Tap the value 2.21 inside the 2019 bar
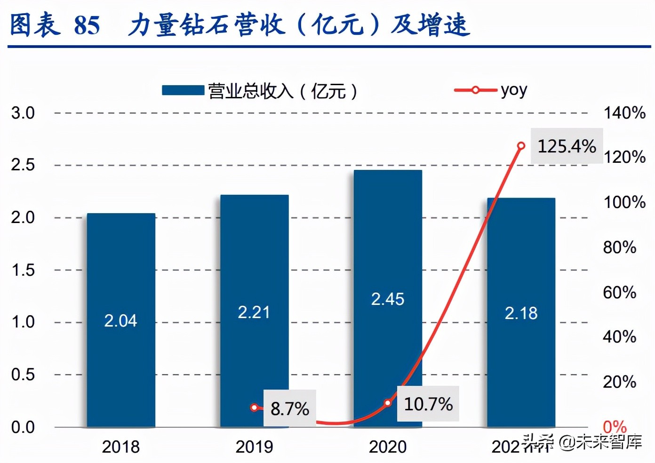[x=254, y=312]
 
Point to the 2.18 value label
[x=521, y=313]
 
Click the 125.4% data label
[x=567, y=146]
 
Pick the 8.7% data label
[x=289, y=408]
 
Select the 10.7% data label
[x=428, y=404]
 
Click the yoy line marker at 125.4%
[x=521, y=146]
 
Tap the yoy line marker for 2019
[x=254, y=407]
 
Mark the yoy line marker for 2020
[x=388, y=403]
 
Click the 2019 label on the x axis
[x=254, y=447]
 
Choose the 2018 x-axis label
[x=121, y=447]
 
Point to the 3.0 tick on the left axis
[x=23, y=113]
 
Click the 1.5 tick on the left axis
[x=23, y=270]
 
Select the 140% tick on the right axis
[x=624, y=113]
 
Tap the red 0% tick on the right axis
[x=615, y=427]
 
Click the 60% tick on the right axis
[x=619, y=292]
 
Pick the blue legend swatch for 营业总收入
[x=183, y=90]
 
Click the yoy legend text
[x=514, y=89]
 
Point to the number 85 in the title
[x=87, y=25]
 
